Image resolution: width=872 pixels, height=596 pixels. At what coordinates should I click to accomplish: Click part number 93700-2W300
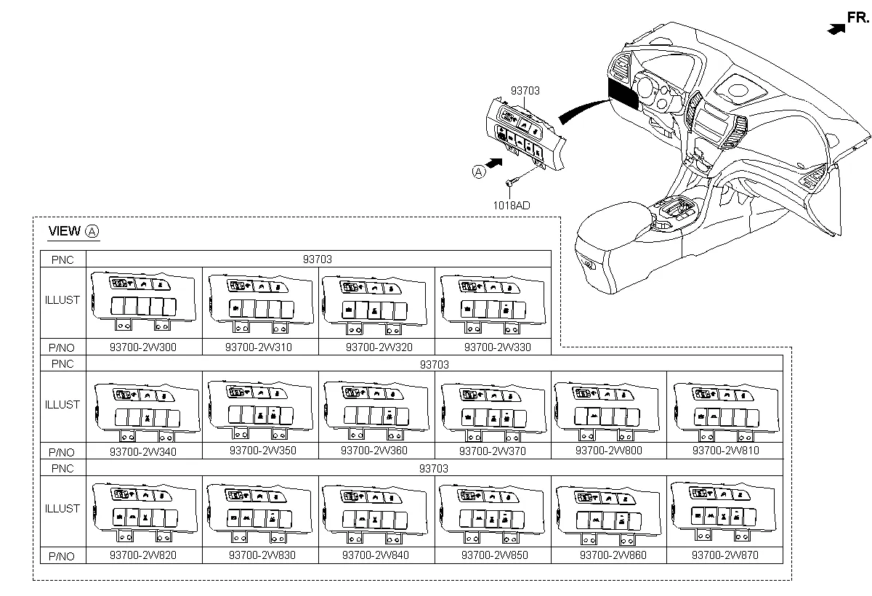click(x=143, y=347)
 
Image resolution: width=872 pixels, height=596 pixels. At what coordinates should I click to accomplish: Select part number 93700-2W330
click(x=497, y=347)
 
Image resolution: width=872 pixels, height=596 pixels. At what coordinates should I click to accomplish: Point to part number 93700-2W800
click(x=609, y=451)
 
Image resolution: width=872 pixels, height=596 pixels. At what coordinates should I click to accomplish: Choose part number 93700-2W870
click(x=725, y=555)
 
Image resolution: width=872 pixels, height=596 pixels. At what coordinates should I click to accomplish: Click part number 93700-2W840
click(x=376, y=555)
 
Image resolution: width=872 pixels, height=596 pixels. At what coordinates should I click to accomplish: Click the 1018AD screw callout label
click(x=512, y=206)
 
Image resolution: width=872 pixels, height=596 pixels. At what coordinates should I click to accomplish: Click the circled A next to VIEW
click(x=92, y=232)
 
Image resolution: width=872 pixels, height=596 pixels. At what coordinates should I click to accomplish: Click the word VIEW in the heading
click(x=64, y=232)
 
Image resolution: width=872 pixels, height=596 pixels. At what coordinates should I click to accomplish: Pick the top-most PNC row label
click(x=62, y=259)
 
